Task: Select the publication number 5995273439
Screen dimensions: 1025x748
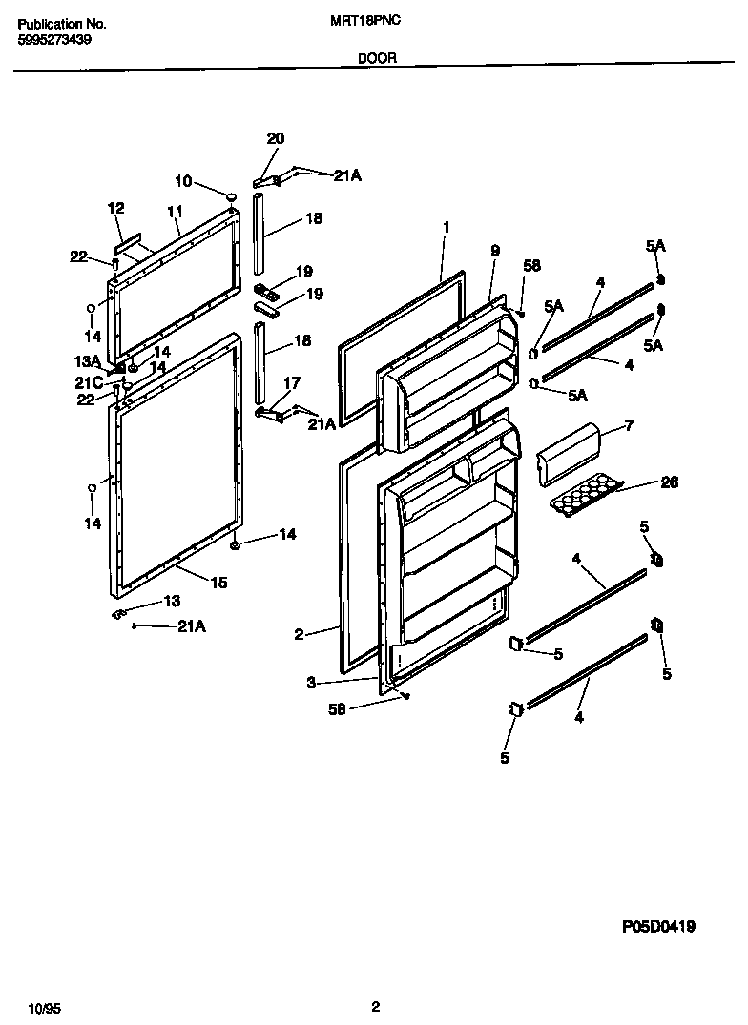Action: [54, 40]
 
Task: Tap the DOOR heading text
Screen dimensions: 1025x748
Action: [377, 58]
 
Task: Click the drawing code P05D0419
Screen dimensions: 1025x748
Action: [658, 925]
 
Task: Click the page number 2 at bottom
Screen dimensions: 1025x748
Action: [376, 1006]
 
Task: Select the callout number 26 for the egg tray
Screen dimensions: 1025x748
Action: [669, 483]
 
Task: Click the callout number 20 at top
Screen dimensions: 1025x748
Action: [275, 139]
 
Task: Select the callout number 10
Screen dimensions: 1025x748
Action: [182, 180]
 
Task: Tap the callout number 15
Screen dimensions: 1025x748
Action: [218, 583]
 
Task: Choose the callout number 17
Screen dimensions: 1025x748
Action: [291, 383]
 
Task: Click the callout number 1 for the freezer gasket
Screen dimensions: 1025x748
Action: [446, 227]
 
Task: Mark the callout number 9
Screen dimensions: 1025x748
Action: [495, 251]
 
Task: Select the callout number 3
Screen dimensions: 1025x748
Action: [311, 682]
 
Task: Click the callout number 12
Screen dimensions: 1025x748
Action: [116, 208]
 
